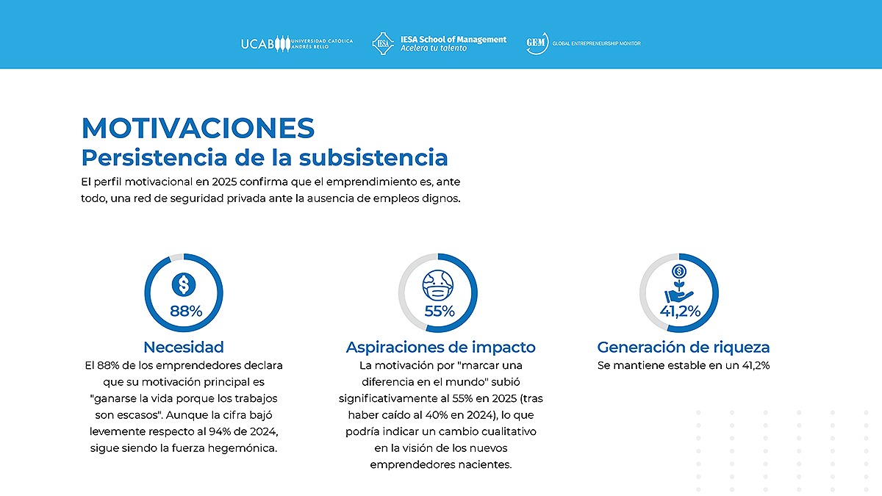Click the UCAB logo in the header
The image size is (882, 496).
(x=296, y=43)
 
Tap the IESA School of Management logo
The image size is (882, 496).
(x=440, y=43)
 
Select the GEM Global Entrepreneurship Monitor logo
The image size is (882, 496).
(x=583, y=43)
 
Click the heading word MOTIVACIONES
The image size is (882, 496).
(x=198, y=128)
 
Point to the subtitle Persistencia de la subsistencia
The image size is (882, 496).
(x=264, y=157)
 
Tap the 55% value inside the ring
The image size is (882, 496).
(x=440, y=311)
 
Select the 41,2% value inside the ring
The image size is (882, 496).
(x=680, y=311)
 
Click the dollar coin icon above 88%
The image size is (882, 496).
(x=184, y=284)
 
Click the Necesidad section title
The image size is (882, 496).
(x=184, y=347)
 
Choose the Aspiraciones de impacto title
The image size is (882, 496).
(x=440, y=347)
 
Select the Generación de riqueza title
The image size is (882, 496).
(x=683, y=347)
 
